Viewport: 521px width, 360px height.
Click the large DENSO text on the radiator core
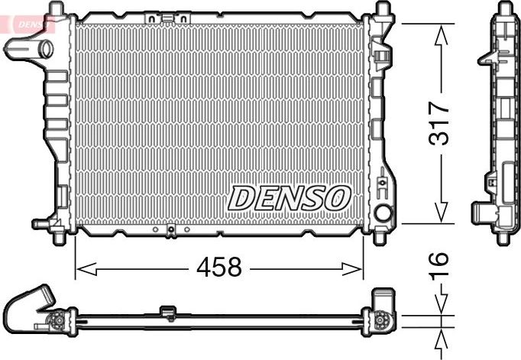coord(289,199)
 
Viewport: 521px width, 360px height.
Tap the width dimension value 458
coord(219,268)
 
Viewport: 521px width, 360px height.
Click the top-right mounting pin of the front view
coord(380,9)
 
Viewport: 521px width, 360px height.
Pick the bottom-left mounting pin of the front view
coord(57,234)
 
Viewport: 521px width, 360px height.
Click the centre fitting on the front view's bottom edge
coord(171,229)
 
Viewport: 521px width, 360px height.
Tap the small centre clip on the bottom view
coord(167,310)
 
